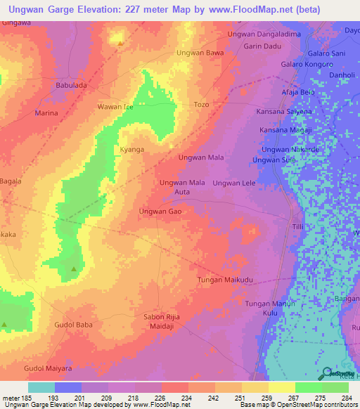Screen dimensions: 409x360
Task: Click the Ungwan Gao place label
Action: click(x=161, y=211)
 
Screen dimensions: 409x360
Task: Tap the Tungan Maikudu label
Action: click(x=224, y=280)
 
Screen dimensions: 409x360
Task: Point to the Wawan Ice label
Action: click(x=115, y=107)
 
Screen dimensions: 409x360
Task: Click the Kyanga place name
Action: click(x=132, y=150)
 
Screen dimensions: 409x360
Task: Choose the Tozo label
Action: click(x=201, y=104)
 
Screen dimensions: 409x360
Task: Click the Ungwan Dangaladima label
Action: click(x=264, y=34)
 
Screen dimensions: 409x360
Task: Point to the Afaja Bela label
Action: click(x=297, y=92)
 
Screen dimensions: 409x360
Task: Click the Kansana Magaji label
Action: click(x=285, y=131)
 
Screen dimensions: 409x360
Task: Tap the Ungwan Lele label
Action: click(x=233, y=183)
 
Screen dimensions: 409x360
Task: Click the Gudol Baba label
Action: click(x=73, y=325)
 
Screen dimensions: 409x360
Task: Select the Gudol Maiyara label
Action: click(x=47, y=369)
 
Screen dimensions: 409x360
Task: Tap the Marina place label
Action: click(x=46, y=112)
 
